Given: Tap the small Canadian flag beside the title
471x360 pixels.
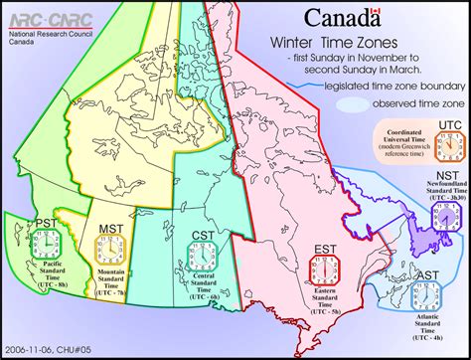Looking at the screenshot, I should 375,14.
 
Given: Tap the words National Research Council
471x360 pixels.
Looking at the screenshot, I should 44,33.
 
